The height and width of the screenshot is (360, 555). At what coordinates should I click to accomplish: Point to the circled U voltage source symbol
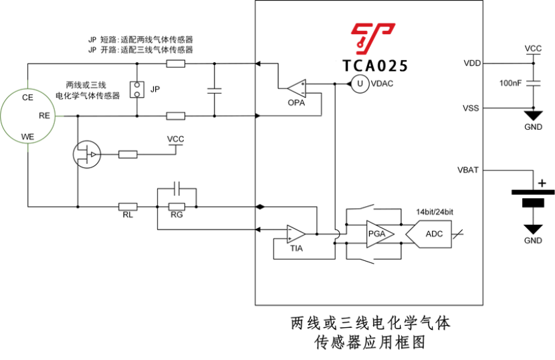point(359,83)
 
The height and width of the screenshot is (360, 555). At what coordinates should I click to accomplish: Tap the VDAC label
point(382,83)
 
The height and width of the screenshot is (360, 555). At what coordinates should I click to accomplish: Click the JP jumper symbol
point(137,89)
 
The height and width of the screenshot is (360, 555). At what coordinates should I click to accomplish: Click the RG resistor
point(177,207)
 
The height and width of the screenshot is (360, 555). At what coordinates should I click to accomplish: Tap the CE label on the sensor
point(27,98)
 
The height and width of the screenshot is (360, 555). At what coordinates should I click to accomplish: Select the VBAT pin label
point(467,170)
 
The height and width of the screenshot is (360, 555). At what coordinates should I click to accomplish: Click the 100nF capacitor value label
point(512,83)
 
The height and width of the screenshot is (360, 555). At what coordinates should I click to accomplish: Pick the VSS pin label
point(470,108)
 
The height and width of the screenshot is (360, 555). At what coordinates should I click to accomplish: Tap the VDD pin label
point(471,64)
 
